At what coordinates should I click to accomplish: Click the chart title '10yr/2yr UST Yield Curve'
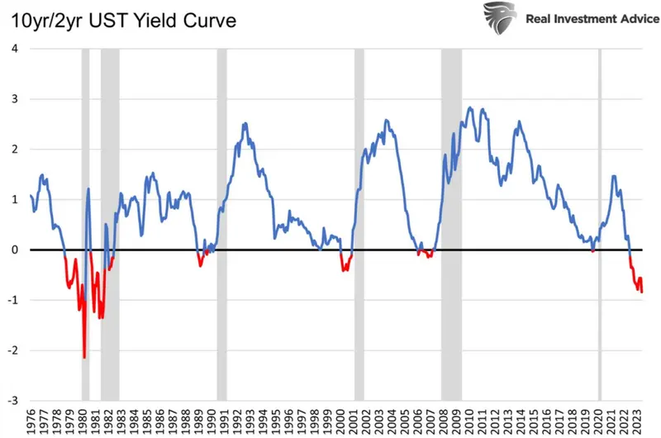pyautogui.click(x=122, y=21)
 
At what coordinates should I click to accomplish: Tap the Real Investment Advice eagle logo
pyautogui.click(x=502, y=18)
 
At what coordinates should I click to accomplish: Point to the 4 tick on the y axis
pyautogui.click(x=14, y=48)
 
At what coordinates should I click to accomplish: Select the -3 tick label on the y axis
pyautogui.click(x=12, y=401)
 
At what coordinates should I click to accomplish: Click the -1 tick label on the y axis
pyautogui.click(x=12, y=300)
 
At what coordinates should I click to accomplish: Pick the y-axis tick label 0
pyautogui.click(x=14, y=250)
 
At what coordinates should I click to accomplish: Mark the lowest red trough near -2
pyautogui.click(x=84, y=357)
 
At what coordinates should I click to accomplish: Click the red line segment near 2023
pyautogui.click(x=637, y=281)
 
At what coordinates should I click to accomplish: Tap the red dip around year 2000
pyautogui.click(x=345, y=267)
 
